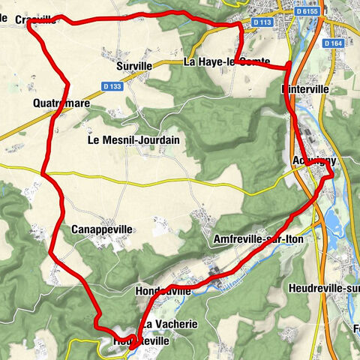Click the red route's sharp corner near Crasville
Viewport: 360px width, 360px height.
coord(29,23)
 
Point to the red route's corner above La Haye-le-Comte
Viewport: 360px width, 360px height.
coord(240,24)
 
